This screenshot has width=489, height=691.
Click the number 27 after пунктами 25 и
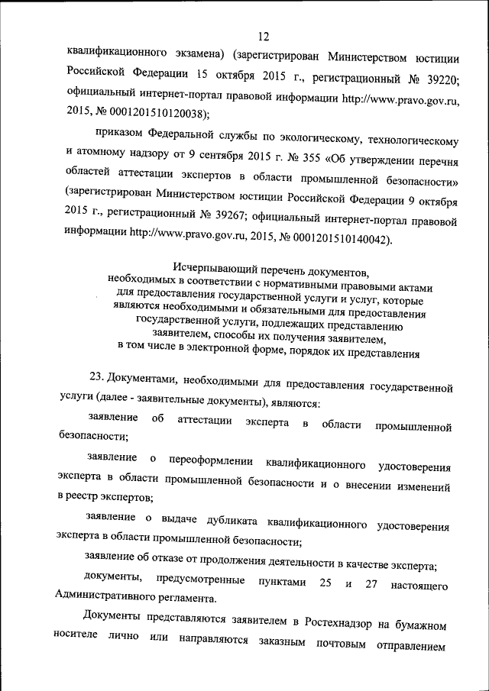(x=373, y=583)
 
